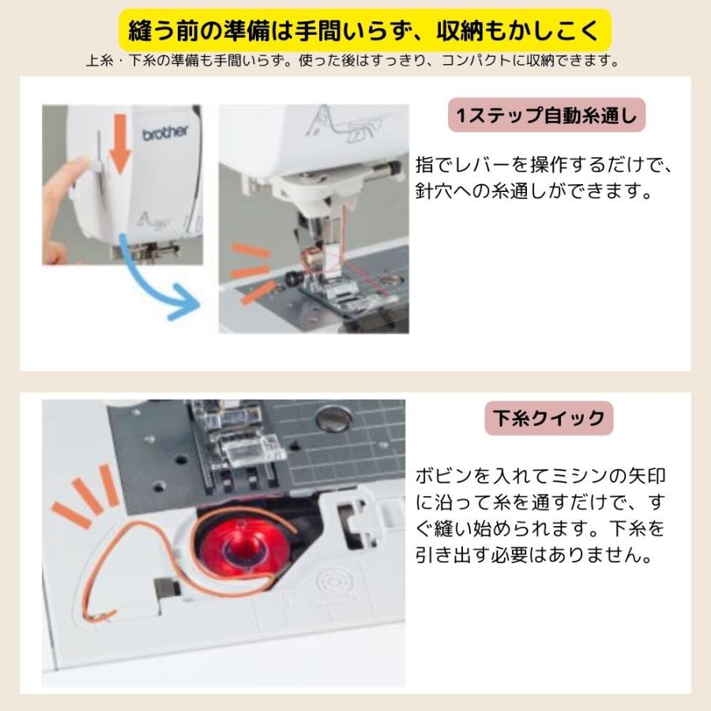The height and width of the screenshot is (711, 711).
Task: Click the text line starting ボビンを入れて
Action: [546, 476]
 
